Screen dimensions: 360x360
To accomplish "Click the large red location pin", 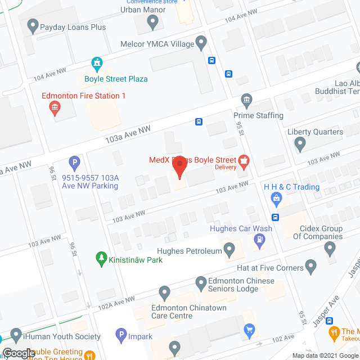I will click(x=179, y=168).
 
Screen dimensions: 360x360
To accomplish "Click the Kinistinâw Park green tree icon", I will click(x=102, y=259).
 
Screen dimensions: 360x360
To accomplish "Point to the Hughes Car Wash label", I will click(x=241, y=228).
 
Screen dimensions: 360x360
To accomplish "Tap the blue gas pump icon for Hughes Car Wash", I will click(x=259, y=241).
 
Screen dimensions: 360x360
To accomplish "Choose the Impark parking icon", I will click(x=120, y=336).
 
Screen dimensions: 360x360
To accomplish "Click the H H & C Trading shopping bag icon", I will click(x=276, y=198).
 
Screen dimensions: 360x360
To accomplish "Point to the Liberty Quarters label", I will click(x=315, y=132).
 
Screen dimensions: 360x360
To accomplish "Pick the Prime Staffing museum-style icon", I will click(x=246, y=100).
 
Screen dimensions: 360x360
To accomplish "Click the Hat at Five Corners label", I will click(x=263, y=268).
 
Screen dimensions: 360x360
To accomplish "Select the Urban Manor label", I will click(x=143, y=10).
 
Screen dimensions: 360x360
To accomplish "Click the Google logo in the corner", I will click(x=18, y=353).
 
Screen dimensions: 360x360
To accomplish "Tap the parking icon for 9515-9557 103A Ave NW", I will click(x=74, y=164).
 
